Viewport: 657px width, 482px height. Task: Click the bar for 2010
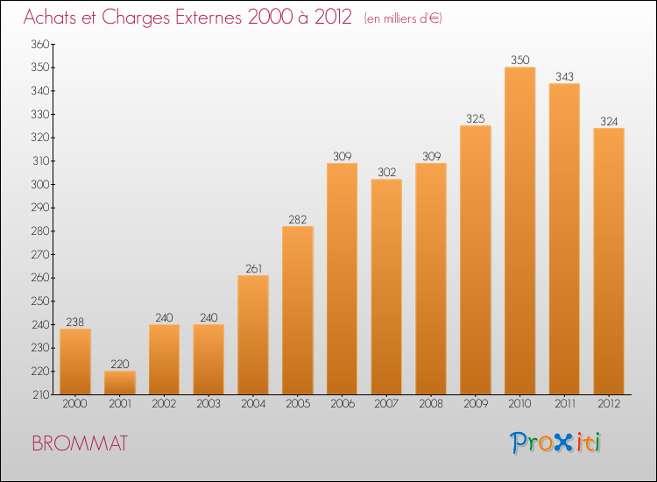[x=520, y=230]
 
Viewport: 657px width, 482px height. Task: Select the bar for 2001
[x=120, y=383]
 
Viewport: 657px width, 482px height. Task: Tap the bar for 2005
[x=298, y=310]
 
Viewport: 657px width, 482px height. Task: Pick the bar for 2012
[x=609, y=261]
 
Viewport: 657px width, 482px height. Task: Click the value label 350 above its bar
[x=520, y=60]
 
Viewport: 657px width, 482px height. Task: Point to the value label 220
[x=120, y=364]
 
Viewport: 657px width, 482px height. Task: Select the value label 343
[x=564, y=77]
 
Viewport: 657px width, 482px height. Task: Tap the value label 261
[x=253, y=268]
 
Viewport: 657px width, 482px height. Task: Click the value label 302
[x=386, y=173]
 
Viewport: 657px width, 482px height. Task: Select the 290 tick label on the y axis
[x=40, y=208]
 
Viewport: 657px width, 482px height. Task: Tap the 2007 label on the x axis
[x=386, y=404]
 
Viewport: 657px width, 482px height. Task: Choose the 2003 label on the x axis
[x=208, y=404]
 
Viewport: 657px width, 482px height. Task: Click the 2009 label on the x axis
[x=476, y=404]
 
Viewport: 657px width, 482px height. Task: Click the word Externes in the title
[x=208, y=18]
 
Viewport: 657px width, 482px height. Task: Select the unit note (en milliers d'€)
[x=403, y=18]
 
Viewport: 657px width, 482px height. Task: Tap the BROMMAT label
[x=80, y=443]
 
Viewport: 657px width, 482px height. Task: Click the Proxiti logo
[x=555, y=443]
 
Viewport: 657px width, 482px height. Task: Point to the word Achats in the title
[x=51, y=18]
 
